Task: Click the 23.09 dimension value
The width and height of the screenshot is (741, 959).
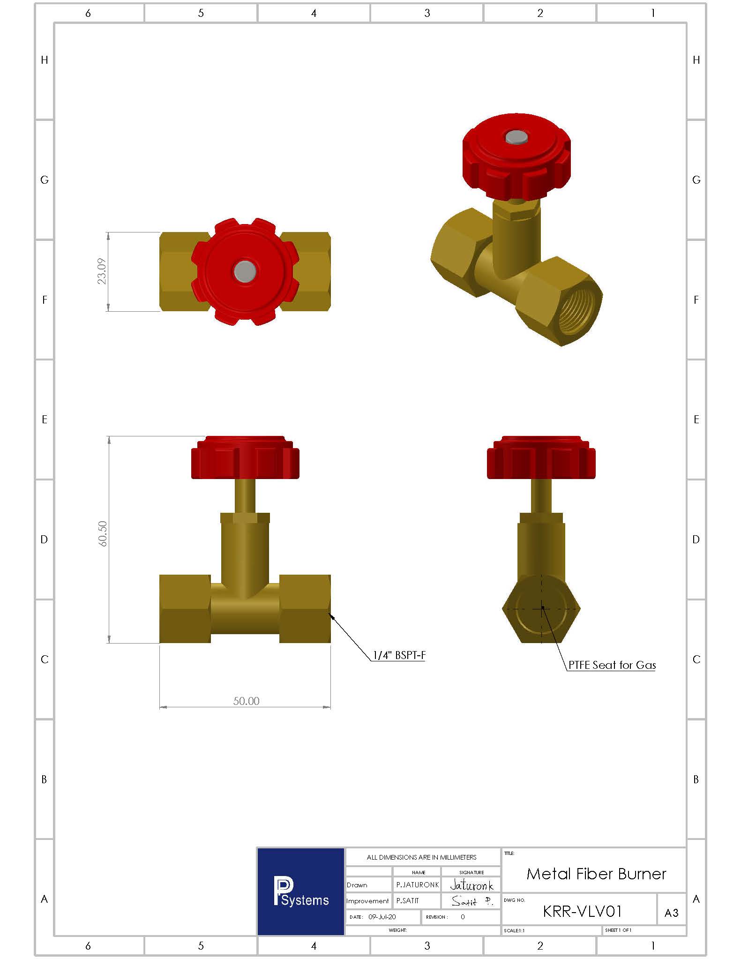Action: pos(102,271)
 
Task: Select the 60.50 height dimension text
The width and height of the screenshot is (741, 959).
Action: pos(103,533)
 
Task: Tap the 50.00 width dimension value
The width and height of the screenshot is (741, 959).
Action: pos(246,701)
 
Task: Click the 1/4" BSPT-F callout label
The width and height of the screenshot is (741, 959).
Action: pos(399,655)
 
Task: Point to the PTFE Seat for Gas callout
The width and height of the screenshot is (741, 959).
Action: pos(612,665)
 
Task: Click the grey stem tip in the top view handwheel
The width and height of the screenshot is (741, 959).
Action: pos(245,271)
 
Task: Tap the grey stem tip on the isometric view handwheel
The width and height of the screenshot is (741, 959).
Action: pos(516,137)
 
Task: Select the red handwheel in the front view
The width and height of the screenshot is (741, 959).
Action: pos(245,458)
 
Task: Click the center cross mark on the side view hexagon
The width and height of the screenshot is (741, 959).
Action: pos(542,608)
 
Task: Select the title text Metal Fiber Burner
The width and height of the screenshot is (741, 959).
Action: pos(596,874)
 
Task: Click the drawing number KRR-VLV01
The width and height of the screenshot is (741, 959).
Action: pos(582,912)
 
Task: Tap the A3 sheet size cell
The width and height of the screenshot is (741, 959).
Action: pos(671,913)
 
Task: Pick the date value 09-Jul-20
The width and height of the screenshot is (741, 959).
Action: pos(382,917)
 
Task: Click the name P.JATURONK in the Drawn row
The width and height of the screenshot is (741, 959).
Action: pos(417,885)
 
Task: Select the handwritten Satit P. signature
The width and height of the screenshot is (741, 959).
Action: pos(472,901)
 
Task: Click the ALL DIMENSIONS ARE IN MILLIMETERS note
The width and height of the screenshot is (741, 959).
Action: pos(421,857)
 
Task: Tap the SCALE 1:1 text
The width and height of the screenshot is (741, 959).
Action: pos(514,930)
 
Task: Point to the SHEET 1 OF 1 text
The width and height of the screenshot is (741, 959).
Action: pos(618,930)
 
